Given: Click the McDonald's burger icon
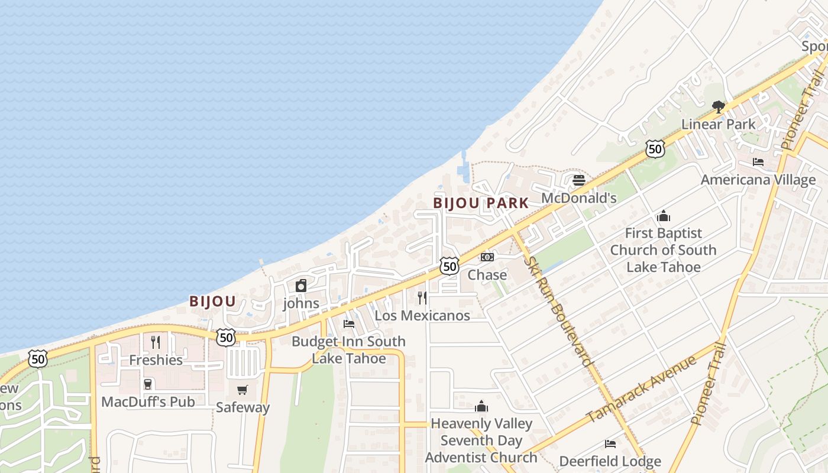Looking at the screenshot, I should pyautogui.click(x=579, y=180).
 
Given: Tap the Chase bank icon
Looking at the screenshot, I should pyautogui.click(x=487, y=257).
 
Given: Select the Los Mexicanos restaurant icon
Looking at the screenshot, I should pyautogui.click(x=422, y=297).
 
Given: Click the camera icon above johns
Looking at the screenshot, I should pyautogui.click(x=301, y=286).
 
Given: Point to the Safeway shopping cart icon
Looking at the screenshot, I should pyautogui.click(x=242, y=390).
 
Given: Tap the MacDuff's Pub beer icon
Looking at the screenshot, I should pyautogui.click(x=148, y=384).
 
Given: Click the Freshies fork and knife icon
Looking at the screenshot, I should pyautogui.click(x=156, y=342).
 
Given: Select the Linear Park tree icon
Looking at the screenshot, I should pyautogui.click(x=719, y=107).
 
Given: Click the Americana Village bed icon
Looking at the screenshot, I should pyautogui.click(x=758, y=162).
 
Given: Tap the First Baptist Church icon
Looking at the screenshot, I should pyautogui.click(x=663, y=216).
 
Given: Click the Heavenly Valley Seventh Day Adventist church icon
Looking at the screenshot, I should pyautogui.click(x=481, y=406).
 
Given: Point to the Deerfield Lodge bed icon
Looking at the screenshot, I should pyautogui.click(x=610, y=444).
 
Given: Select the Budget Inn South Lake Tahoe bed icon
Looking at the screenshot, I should pyautogui.click(x=349, y=324).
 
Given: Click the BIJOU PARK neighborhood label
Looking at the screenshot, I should pyautogui.click(x=481, y=203).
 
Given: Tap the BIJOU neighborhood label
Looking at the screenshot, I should pyautogui.click(x=212, y=302).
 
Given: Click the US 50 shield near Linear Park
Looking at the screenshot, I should pyautogui.click(x=655, y=149).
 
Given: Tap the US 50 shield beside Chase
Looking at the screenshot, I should pyautogui.click(x=449, y=266).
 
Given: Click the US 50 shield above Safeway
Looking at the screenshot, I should pyautogui.click(x=225, y=338).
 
